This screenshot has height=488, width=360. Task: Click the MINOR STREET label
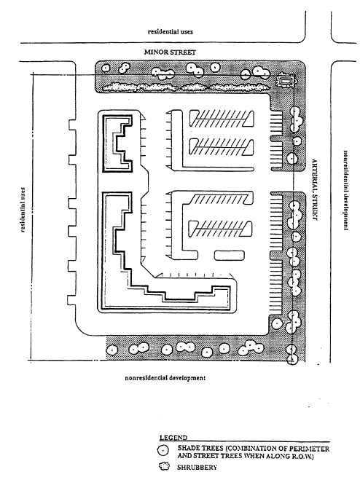point(170,52)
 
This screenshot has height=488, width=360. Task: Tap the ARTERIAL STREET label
point(315,190)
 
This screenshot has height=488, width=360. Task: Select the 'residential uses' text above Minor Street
point(170,32)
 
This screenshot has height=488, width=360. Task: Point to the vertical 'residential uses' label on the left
point(23,210)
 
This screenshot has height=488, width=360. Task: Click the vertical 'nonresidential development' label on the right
point(345,190)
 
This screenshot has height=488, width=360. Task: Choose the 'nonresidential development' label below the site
point(165,378)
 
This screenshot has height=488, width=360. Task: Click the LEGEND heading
point(173,438)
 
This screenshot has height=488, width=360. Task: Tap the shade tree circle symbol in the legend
point(163,450)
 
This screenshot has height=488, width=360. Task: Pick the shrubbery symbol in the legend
point(164,467)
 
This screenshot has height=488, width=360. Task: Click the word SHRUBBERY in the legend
point(197,468)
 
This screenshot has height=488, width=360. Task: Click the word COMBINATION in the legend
point(251,449)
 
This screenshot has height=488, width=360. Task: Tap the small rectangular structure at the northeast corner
point(285,82)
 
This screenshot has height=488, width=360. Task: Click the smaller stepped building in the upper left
point(117,143)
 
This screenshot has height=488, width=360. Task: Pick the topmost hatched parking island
point(222,119)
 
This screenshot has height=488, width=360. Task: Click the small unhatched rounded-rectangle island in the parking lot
point(230,256)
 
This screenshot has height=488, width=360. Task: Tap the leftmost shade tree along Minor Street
point(106,68)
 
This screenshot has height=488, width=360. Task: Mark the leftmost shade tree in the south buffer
point(111,350)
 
